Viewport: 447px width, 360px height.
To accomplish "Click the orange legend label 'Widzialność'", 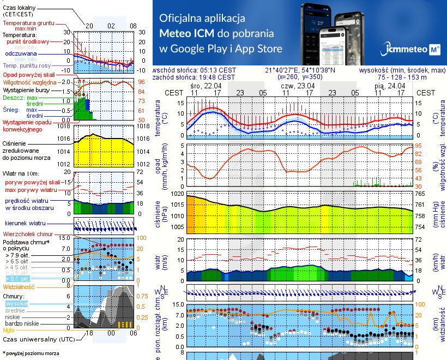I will click(x=19, y=286).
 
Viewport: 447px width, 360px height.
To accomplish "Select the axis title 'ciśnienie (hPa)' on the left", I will click(x=159, y=214).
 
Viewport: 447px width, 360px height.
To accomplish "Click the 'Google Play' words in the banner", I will click(x=198, y=49).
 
